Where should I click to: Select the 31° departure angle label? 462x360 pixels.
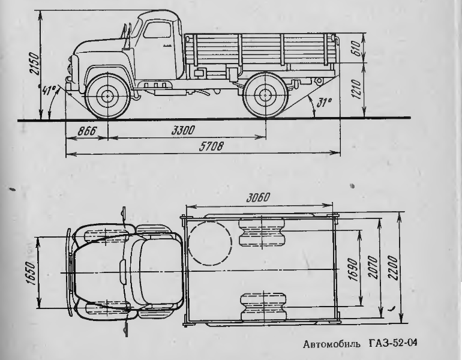323,103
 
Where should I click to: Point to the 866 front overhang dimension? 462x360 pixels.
86,131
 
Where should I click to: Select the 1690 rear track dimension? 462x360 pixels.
354,269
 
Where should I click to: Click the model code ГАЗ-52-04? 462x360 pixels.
395,343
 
